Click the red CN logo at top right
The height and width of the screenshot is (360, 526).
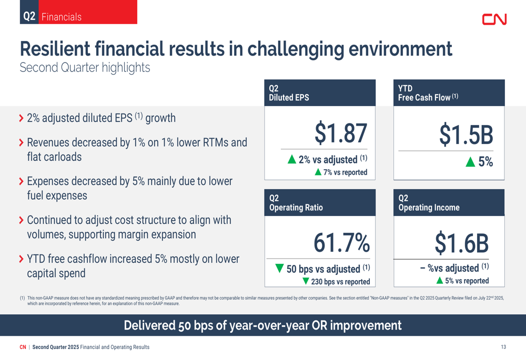tap(494, 19)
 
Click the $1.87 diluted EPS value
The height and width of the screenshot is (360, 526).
tap(341, 133)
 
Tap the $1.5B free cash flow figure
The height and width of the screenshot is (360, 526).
tap(466, 135)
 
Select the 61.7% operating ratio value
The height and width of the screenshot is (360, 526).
tap(341, 243)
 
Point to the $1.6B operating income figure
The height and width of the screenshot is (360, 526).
tap(462, 243)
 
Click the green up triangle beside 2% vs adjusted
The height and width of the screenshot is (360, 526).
tap(292, 159)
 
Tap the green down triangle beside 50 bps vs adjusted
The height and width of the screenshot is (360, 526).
tap(279, 268)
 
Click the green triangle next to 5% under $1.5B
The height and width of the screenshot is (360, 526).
tap(470, 162)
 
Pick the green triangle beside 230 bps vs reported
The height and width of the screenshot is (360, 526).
tap(306, 281)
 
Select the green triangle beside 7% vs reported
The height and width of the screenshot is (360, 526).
tap(318, 172)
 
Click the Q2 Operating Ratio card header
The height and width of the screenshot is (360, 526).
tap(320, 202)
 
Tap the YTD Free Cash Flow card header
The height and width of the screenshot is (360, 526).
tap(449, 93)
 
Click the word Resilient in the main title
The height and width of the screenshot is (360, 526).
tap(55, 48)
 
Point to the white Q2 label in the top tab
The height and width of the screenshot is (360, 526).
tap(29, 16)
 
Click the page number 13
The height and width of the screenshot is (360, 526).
tap(503, 347)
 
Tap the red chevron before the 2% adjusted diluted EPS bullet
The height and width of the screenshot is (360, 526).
tap(22, 118)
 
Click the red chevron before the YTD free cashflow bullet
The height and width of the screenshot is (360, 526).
tap(22, 259)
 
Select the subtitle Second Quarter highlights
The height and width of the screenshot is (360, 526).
tap(85, 68)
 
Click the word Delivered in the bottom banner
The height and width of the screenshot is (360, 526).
tap(149, 325)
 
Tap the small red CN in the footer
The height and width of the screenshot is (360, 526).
tap(23, 347)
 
